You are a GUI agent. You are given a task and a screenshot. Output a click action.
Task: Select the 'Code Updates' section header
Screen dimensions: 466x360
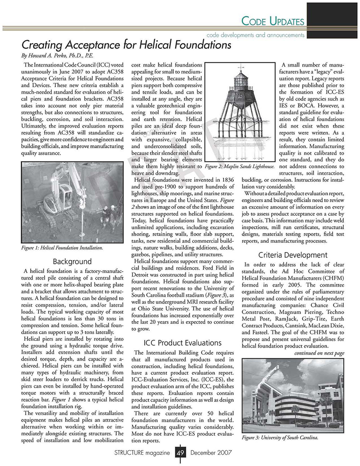click(274, 21)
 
